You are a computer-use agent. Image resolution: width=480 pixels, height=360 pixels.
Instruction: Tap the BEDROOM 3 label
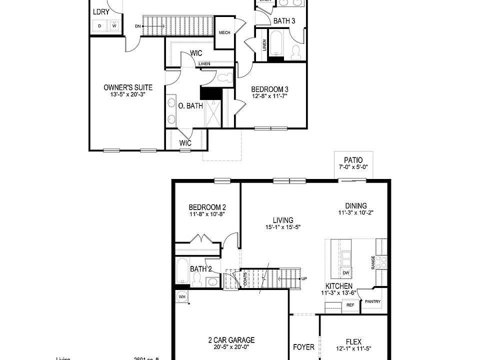tap(270, 89)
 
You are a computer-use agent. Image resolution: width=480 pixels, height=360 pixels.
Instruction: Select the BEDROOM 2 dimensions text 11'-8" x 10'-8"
tap(207, 214)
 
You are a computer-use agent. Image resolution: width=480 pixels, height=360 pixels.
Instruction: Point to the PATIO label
tap(357, 160)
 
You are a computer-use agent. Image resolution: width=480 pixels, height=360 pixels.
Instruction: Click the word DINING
tap(355, 205)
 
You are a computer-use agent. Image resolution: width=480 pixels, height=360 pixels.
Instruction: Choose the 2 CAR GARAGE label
tap(231, 339)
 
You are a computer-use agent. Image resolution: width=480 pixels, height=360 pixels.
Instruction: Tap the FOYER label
tap(303, 347)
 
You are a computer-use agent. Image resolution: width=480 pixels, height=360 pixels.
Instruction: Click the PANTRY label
tap(373, 301)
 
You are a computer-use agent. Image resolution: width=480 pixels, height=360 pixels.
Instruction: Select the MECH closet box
tap(224, 33)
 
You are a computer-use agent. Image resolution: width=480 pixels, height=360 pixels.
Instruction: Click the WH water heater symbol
tap(182, 297)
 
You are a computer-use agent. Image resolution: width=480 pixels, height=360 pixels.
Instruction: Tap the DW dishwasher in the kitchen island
tap(345, 273)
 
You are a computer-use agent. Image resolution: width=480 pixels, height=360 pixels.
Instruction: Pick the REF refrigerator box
tap(350, 305)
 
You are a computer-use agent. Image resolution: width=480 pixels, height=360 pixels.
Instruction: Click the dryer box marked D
tap(100, 25)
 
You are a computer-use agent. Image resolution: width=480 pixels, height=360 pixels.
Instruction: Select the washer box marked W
tap(113, 25)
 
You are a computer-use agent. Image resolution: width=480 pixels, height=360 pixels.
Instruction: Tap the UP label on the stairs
tap(304, 278)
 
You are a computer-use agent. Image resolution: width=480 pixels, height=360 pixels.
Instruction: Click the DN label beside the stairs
tap(137, 26)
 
